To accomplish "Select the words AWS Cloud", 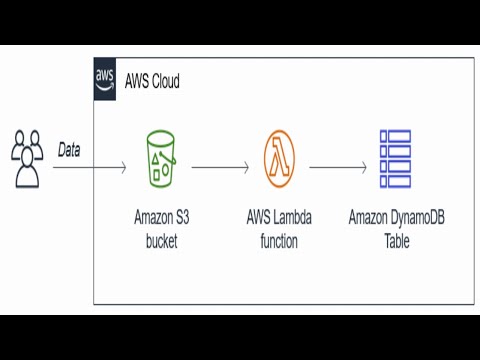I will tap(152, 81).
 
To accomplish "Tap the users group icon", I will tap(28, 158).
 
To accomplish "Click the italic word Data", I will tap(69, 150).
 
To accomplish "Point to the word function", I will tap(279, 241).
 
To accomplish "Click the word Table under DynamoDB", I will tap(397, 241).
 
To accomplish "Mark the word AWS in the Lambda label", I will tap(258, 217).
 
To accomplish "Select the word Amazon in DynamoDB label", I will tap(368, 217).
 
